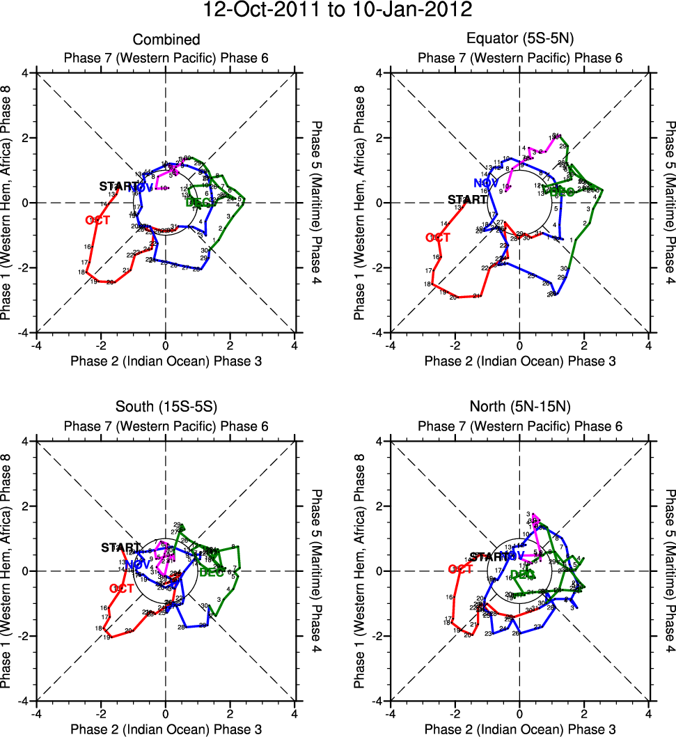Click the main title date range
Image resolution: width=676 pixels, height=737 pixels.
338,11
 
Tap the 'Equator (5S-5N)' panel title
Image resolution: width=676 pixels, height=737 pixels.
520,40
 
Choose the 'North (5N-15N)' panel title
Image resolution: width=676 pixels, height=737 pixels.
520,408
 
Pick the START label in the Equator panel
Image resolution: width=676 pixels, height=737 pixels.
467,199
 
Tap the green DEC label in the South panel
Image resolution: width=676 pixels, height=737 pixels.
212,573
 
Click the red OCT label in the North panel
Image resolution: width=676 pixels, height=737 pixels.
460,568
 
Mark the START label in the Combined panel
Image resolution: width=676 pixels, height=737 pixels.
119,186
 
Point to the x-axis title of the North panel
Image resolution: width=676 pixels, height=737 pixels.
520,729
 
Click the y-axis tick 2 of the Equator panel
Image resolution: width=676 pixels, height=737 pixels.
380,138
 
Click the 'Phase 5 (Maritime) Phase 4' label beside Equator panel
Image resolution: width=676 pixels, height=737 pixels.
670,203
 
